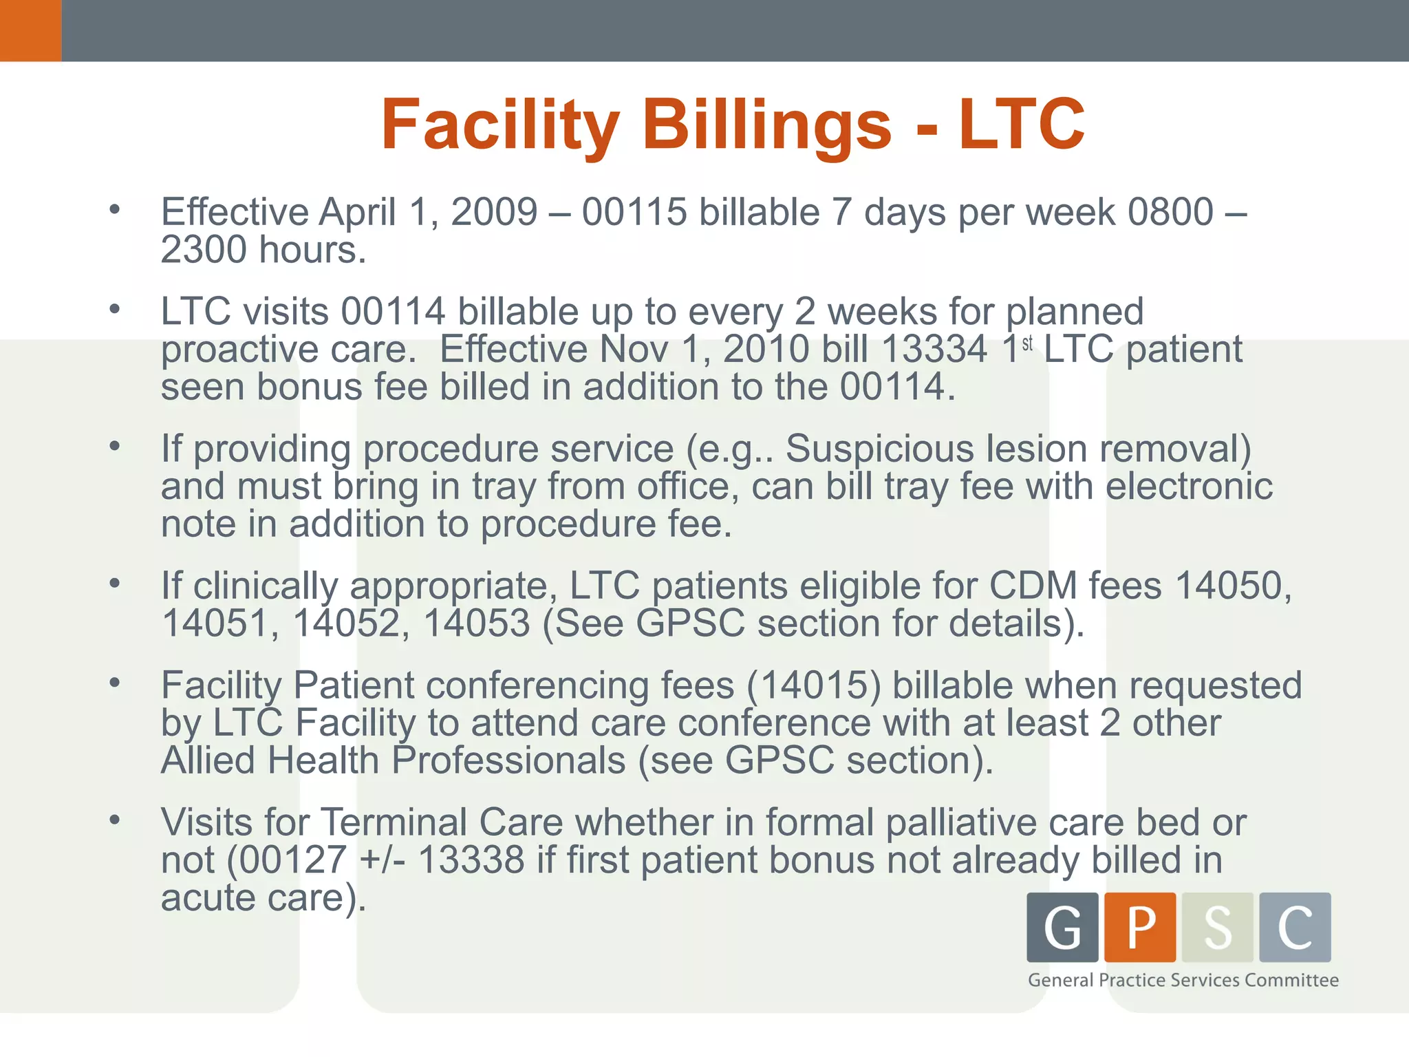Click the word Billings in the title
coord(767,125)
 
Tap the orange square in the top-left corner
coord(30,30)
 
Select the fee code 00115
coord(634,212)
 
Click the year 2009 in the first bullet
coord(493,212)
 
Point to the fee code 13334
coord(934,350)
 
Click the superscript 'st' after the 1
coord(1027,343)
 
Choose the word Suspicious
coord(880,449)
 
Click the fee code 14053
coord(476,623)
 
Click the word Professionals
coord(508,761)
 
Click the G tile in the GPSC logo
coord(1062,927)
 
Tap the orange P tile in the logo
coord(1140,927)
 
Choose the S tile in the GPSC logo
coord(1217,927)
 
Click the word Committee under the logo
coord(1291,980)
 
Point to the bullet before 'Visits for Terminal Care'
coord(115,820)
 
